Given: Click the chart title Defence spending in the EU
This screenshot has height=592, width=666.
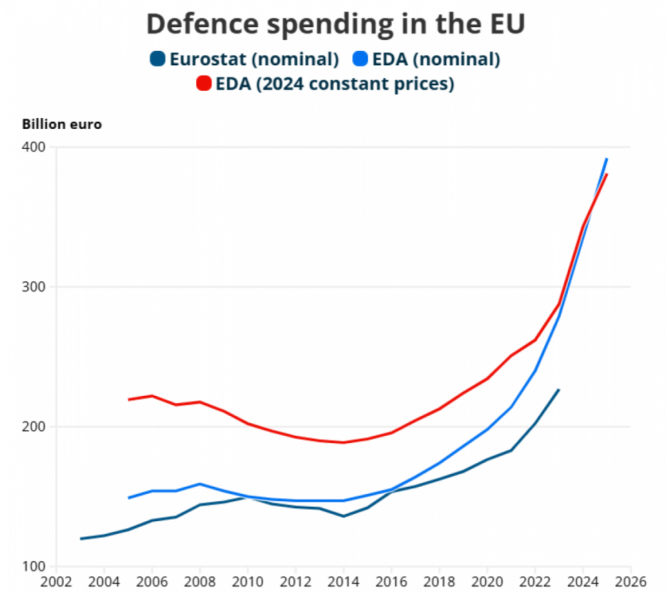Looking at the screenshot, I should click(336, 24).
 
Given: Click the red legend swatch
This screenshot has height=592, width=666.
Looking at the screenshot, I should click(204, 84).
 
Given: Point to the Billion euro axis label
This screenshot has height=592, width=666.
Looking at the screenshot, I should click(62, 125).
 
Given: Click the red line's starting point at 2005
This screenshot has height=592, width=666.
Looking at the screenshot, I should click(129, 399).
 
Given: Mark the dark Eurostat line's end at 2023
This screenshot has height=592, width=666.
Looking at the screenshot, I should click(559, 390).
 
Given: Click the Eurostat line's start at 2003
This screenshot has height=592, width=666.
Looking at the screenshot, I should click(81, 539).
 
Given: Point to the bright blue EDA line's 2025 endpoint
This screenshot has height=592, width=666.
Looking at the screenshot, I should click(607, 159).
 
